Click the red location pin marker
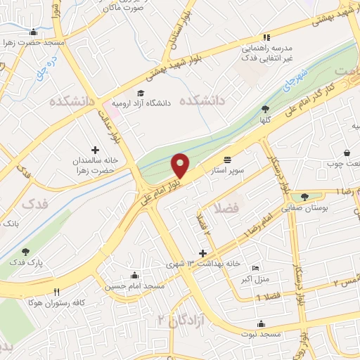pyautogui.click(x=181, y=166)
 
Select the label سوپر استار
pyautogui.click(x=226, y=169)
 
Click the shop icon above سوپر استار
pyautogui.click(x=226, y=160)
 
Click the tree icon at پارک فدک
pyautogui.click(x=26, y=252)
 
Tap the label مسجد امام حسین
pyautogui.click(x=134, y=286)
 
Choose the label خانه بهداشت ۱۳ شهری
pyautogui.click(x=203, y=264)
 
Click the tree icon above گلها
pyautogui.click(x=265, y=109)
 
